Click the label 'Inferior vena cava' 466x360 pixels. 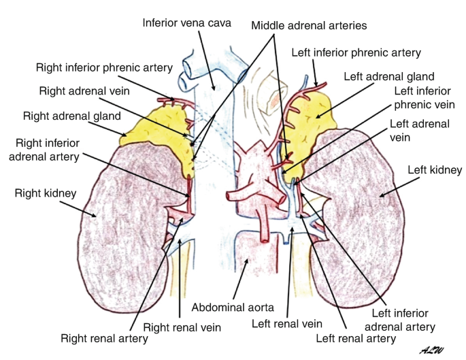187,22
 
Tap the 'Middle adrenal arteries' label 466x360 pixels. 309,25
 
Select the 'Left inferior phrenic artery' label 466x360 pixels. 356,52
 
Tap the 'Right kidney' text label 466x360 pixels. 45,193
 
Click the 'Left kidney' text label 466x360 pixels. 435,169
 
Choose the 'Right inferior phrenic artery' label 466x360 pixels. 105,67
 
